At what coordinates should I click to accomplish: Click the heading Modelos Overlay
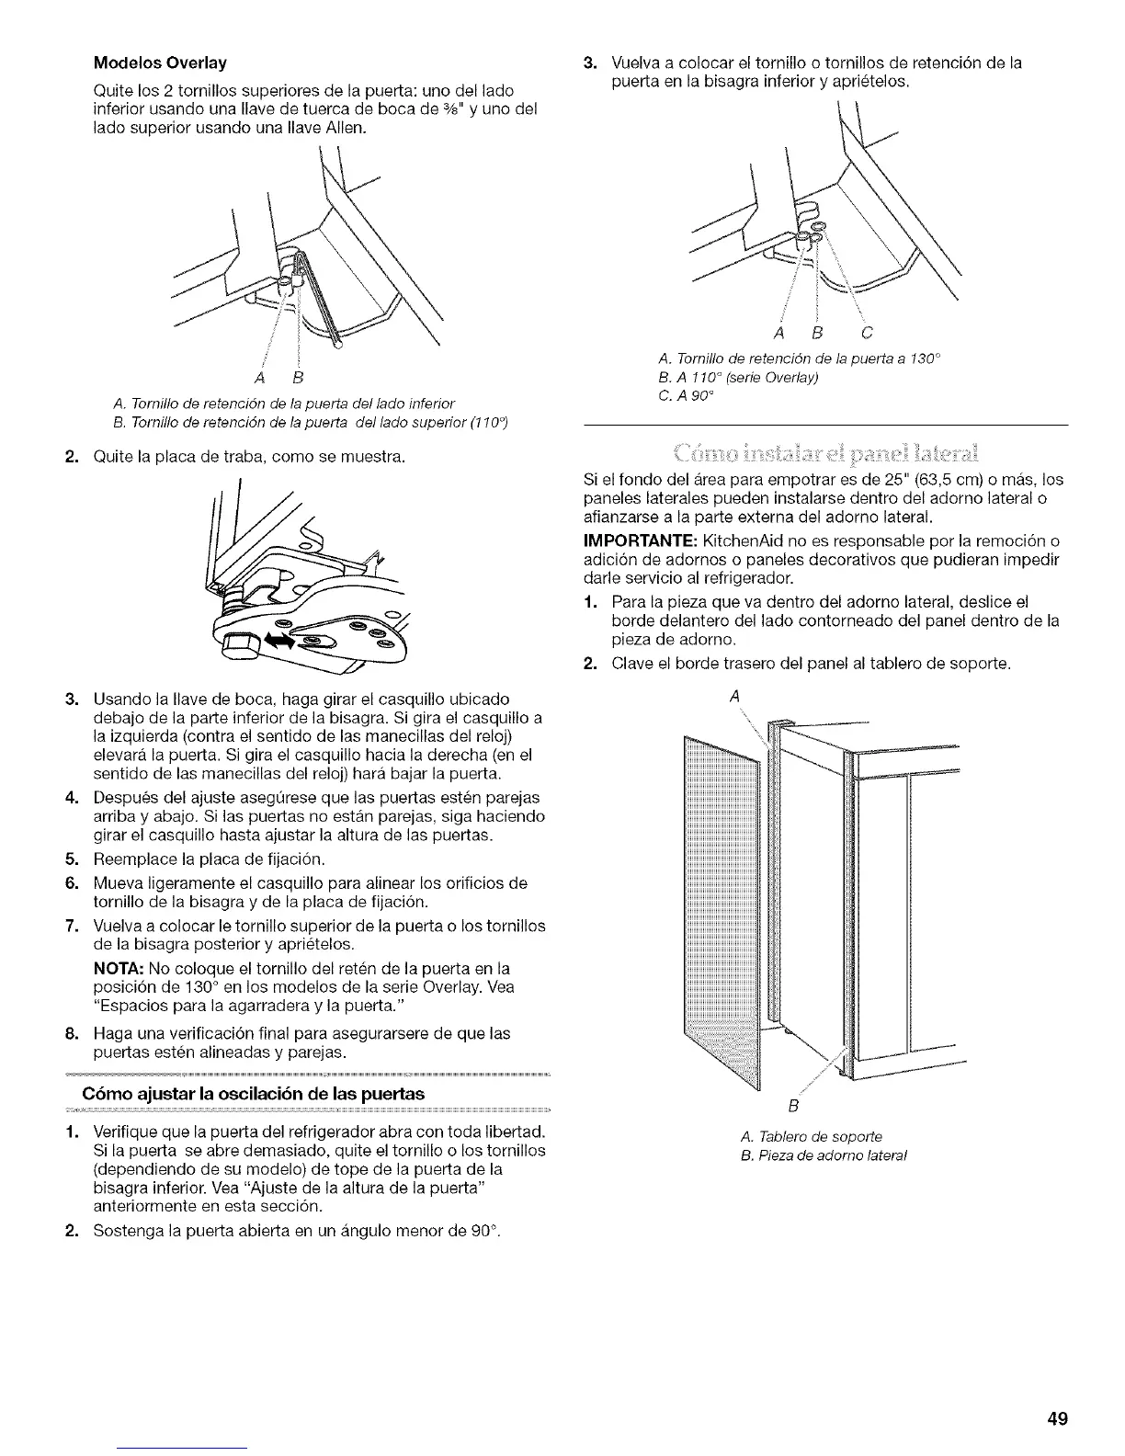[x=160, y=63]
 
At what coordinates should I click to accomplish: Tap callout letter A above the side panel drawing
[x=734, y=698]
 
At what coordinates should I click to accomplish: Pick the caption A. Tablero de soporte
[x=802, y=1136]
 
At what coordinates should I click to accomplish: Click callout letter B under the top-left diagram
[x=297, y=379]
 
